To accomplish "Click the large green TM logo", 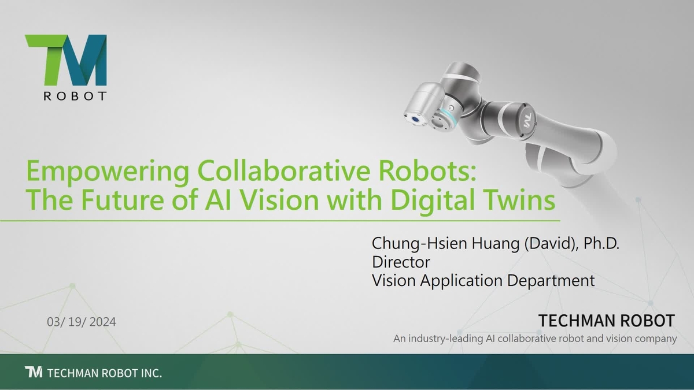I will tap(66, 60).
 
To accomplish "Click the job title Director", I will tap(401, 262).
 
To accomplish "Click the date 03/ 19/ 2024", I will tap(82, 322).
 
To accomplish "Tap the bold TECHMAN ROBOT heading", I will tap(606, 321).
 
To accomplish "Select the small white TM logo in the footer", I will tap(34, 372).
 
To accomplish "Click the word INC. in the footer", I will tap(150, 373).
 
